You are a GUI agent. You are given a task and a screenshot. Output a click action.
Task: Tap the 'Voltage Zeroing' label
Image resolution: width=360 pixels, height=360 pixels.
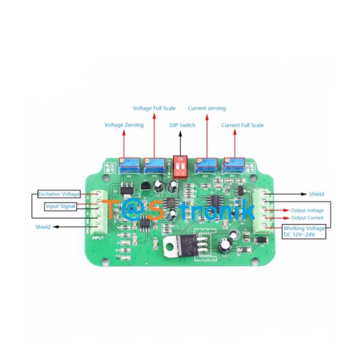coord(124,125)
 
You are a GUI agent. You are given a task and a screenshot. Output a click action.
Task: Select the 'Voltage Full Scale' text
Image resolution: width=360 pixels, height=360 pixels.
coord(154,108)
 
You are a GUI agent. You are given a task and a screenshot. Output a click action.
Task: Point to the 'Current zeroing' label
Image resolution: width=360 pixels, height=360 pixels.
coord(207,108)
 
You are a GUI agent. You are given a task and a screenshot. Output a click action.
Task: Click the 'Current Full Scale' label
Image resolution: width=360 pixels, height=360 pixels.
coord(243,125)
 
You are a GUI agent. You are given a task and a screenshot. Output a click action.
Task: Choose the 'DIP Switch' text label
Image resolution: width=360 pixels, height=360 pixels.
coord(183,125)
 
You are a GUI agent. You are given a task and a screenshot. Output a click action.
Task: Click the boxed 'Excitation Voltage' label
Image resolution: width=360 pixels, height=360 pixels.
coord(59,194)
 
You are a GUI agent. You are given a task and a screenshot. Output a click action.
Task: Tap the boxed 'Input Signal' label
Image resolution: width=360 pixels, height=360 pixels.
coord(61,206)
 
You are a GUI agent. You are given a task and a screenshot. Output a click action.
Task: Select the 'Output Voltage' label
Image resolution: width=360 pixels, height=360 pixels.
coord(307,210)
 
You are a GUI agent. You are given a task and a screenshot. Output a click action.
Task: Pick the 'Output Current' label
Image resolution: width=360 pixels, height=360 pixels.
coord(307,218)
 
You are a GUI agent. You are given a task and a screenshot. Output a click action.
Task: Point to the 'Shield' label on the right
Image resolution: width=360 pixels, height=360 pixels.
coord(316,194)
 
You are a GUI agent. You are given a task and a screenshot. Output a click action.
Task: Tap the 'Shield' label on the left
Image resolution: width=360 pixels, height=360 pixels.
coord(43,226)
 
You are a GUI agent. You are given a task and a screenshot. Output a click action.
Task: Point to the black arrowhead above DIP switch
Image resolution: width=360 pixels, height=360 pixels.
coord(181,134)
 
